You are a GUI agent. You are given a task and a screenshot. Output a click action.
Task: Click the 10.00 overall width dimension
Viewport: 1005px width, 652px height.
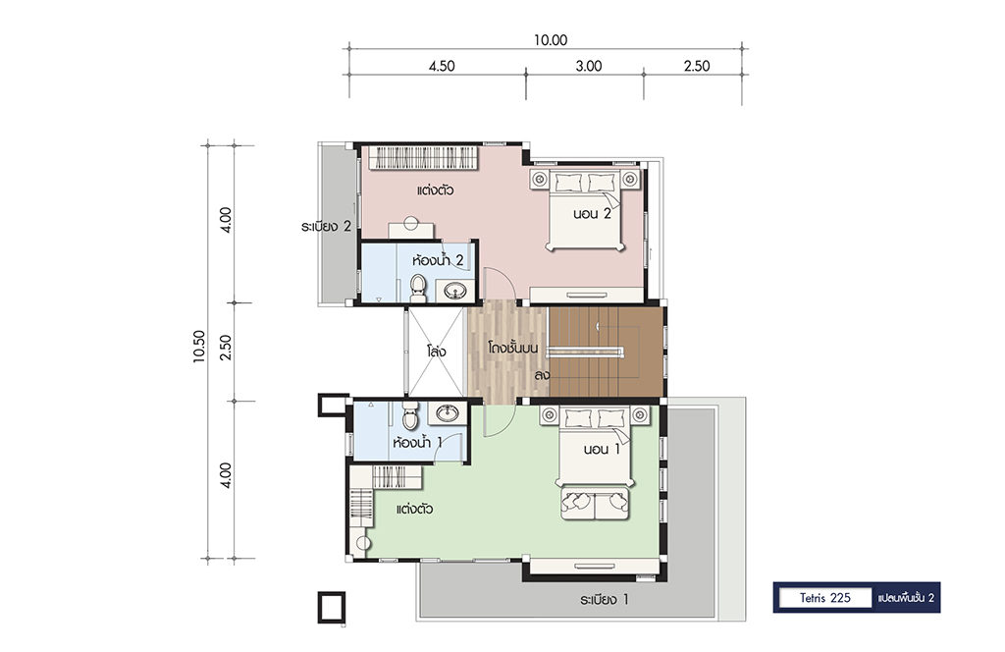(x=551, y=40)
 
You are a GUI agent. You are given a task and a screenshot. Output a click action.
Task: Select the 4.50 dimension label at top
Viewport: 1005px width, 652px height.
(x=442, y=66)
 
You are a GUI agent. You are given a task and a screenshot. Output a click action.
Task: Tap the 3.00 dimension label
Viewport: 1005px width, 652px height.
(x=589, y=66)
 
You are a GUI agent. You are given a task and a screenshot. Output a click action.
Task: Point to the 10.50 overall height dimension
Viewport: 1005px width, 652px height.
(x=198, y=347)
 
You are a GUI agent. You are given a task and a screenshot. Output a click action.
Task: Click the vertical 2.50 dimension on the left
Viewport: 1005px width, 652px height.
(x=225, y=347)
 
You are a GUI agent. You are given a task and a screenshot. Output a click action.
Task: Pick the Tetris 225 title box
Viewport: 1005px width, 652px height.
(x=824, y=598)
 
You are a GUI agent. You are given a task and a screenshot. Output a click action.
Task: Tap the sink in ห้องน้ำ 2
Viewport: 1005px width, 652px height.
(x=455, y=291)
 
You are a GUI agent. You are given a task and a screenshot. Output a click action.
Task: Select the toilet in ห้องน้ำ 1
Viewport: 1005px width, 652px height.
(x=410, y=415)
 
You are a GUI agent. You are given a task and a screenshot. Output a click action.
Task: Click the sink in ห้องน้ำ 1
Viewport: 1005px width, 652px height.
(x=447, y=412)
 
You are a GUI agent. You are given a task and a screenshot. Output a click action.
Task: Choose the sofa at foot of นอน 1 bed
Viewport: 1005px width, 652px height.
(x=595, y=504)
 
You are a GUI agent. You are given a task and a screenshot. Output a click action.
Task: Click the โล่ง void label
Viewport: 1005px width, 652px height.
(x=436, y=352)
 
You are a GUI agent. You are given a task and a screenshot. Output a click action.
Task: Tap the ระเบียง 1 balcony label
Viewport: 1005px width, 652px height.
(x=605, y=600)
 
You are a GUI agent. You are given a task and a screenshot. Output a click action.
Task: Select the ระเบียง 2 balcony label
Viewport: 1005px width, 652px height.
(x=326, y=226)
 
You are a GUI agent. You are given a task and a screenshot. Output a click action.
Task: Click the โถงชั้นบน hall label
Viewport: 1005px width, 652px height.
(x=512, y=349)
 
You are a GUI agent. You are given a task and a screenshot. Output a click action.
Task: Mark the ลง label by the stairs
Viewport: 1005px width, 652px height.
(x=542, y=375)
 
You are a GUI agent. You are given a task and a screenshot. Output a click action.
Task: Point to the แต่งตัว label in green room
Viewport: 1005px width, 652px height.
(x=415, y=509)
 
